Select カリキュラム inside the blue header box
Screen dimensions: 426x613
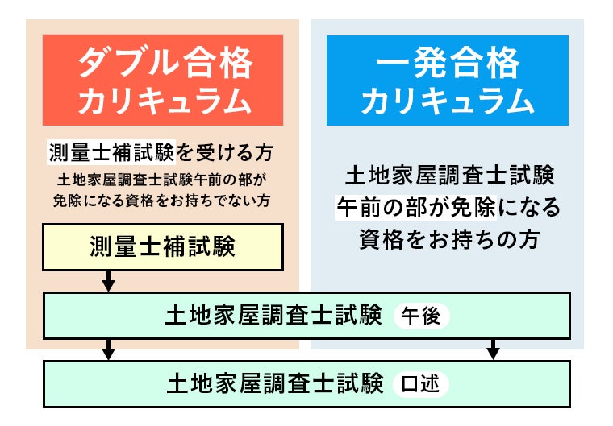[x=448, y=101]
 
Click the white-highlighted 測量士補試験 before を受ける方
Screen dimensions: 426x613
[x=111, y=152]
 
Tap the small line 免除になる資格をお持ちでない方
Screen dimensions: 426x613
[x=162, y=200]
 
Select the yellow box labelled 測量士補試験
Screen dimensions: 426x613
[x=163, y=247]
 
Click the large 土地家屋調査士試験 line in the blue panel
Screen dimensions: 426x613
[x=448, y=175]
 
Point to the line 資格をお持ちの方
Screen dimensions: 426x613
[x=448, y=239]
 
